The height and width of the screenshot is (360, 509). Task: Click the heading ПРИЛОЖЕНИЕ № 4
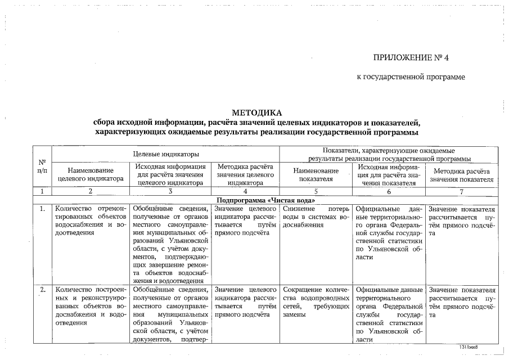tap(412, 57)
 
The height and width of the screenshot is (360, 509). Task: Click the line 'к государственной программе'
tap(411, 76)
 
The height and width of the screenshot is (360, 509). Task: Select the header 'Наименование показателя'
tap(316, 174)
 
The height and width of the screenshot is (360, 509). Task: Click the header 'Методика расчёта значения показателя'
tap(462, 174)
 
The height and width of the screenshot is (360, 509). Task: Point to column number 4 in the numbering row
tap(245, 191)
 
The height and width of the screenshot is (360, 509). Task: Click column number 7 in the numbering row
tap(462, 191)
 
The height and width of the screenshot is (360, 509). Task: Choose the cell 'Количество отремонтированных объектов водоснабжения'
tap(91, 221)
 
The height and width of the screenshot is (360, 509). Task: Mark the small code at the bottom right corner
tap(472, 348)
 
